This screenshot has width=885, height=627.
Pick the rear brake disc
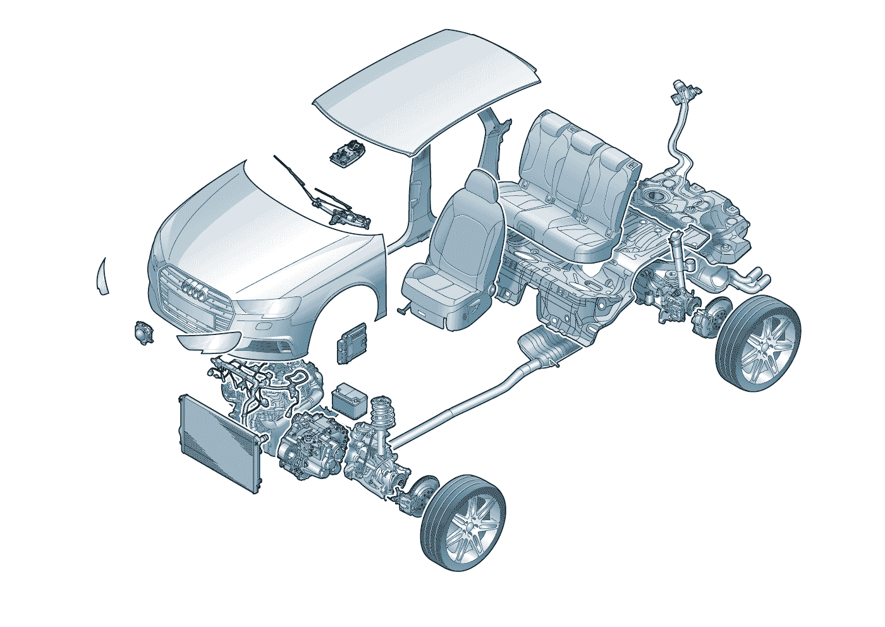714,316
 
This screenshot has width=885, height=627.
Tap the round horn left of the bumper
144,332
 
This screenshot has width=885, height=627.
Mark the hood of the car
265,234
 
